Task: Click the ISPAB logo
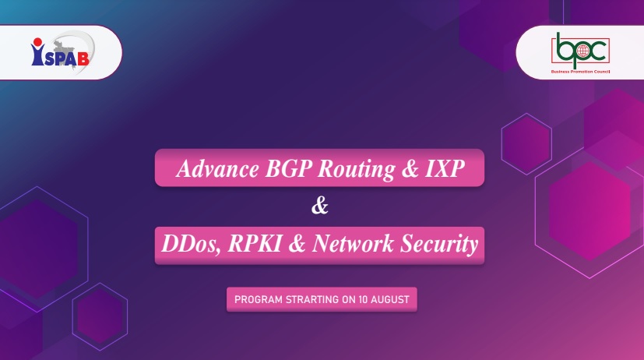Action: click(62, 51)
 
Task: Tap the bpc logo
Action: click(580, 53)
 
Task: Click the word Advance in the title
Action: click(218, 168)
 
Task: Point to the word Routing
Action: click(357, 169)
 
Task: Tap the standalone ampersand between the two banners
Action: click(320, 206)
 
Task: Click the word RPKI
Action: click(255, 243)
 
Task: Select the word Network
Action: click(353, 243)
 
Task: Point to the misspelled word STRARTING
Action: click(312, 299)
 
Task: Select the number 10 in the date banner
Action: click(363, 299)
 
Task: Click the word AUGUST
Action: click(390, 299)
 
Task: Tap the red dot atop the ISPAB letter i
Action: click(38, 42)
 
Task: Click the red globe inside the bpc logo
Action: click(582, 51)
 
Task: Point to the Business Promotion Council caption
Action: click(580, 72)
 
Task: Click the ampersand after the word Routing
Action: click(410, 169)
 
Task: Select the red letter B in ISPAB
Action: click(83, 58)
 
